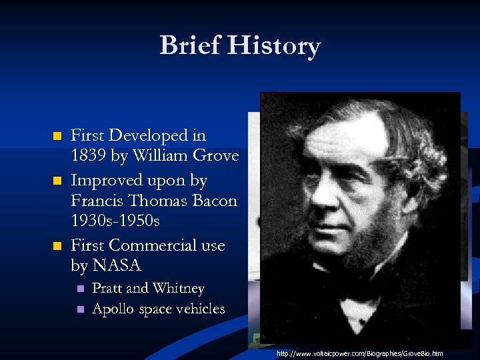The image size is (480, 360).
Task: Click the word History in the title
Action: click(274, 46)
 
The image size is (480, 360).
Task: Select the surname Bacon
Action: click(215, 201)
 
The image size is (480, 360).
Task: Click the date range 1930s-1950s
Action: click(117, 221)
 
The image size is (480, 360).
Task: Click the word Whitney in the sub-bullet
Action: click(178, 289)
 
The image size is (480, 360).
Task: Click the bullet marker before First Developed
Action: click(57, 137)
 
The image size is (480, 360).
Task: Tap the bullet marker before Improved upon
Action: click(57, 181)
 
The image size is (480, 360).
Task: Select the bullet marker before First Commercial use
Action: click(57, 246)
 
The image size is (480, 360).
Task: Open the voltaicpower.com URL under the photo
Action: click(360, 353)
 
